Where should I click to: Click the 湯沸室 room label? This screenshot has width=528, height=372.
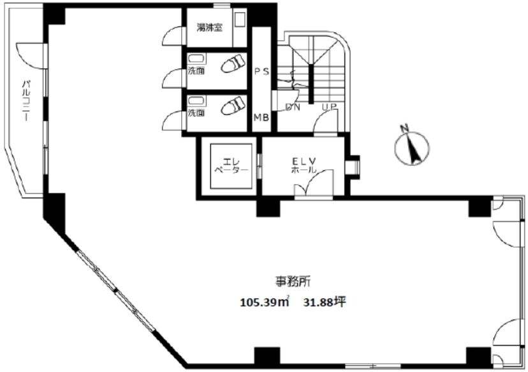(209, 27)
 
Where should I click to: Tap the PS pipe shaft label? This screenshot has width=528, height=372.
(261, 71)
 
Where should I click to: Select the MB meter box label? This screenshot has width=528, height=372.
(261, 117)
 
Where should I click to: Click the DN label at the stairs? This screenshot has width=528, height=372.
(292, 107)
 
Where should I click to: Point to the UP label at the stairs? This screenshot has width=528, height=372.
(329, 107)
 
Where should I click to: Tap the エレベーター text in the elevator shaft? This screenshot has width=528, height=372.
(231, 166)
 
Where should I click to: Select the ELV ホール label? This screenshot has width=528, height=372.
(304, 165)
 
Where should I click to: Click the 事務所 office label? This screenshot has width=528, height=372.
(293, 281)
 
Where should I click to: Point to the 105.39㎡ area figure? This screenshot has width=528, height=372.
(265, 302)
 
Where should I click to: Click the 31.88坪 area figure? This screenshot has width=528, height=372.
(325, 302)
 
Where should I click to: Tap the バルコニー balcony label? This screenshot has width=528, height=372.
(26, 100)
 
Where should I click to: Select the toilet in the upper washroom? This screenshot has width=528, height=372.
(233, 63)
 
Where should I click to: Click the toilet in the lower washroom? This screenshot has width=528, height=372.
(233, 105)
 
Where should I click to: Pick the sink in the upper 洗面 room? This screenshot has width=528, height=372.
(194, 59)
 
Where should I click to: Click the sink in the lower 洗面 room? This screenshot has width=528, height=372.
(194, 101)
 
